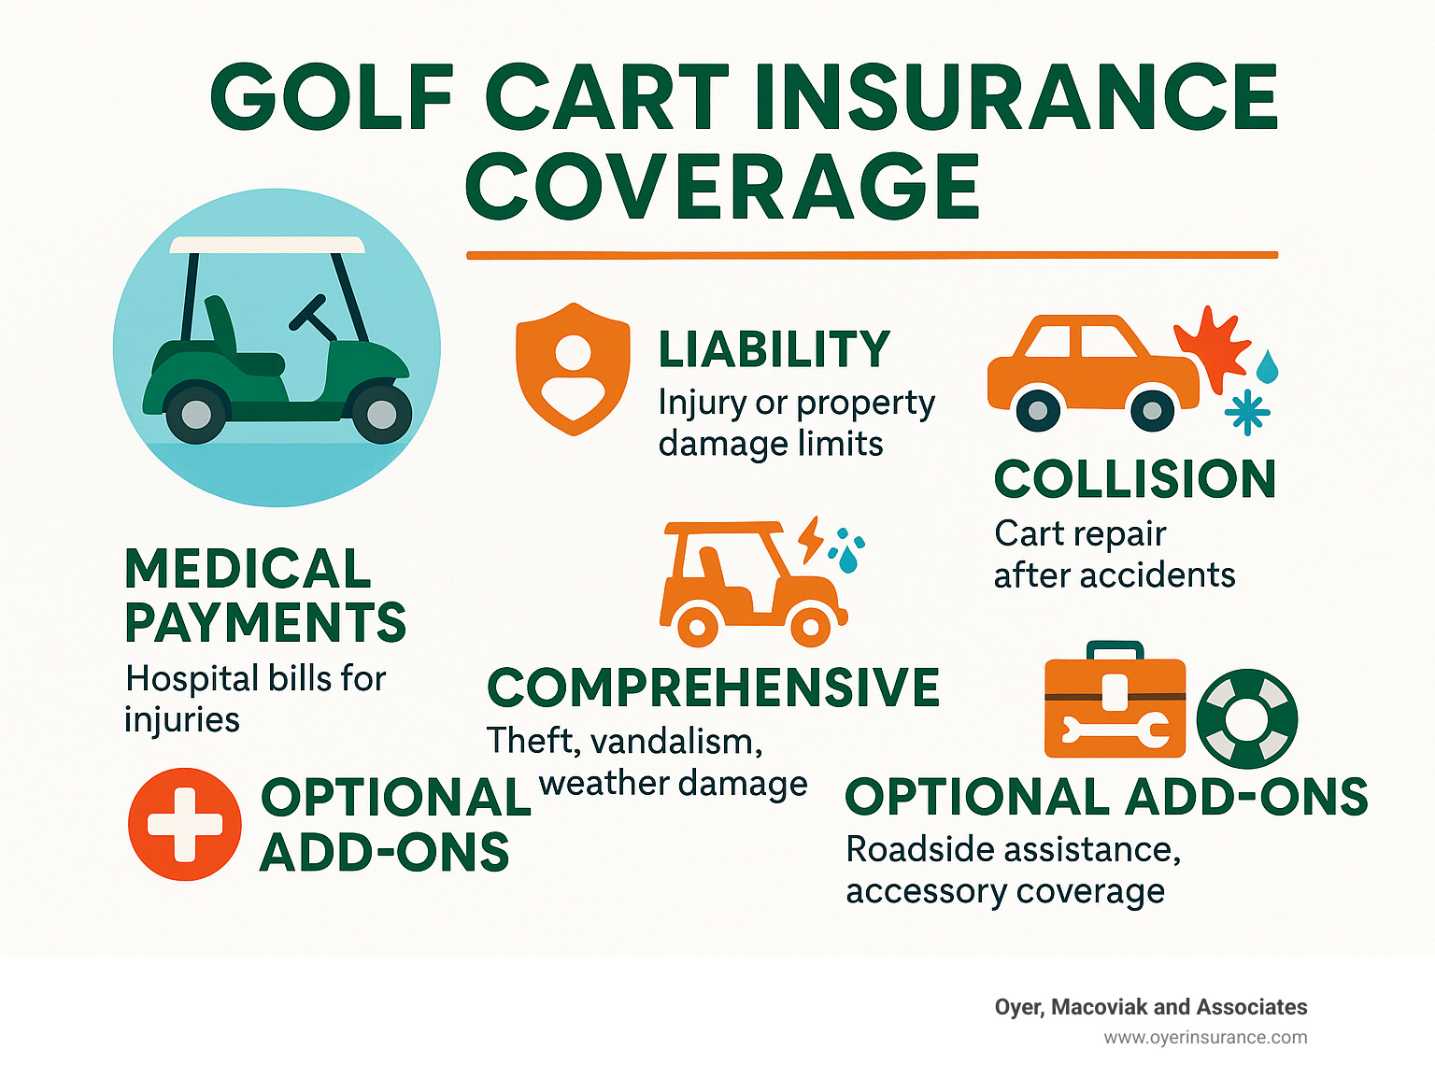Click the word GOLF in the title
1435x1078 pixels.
tap(333, 97)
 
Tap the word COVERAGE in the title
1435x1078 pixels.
tap(722, 187)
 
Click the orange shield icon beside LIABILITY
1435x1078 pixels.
tap(572, 368)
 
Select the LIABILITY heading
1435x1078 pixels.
tap(774, 350)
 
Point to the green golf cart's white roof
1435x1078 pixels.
tap(267, 245)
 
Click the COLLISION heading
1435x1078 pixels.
tap(1134, 479)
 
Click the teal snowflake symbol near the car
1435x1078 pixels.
tap(1247, 412)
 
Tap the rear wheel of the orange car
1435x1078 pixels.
tap(1037, 409)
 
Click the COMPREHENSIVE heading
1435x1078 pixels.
tap(713, 688)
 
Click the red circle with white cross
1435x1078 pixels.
tap(184, 824)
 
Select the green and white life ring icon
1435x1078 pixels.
tap(1246, 717)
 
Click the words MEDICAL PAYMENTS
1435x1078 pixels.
tap(264, 595)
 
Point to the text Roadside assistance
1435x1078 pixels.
tap(1013, 850)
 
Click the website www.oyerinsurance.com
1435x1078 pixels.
tap(1205, 1037)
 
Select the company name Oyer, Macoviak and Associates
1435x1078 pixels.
tap(1150, 1007)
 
